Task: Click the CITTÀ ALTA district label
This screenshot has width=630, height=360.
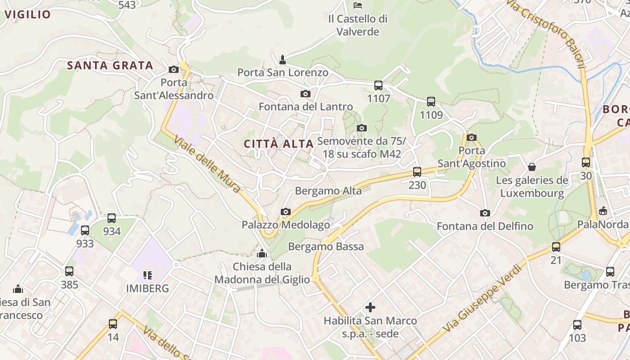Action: [279, 144]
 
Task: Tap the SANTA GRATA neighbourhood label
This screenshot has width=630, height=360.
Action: [110, 66]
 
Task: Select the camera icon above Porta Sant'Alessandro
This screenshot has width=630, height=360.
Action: [174, 69]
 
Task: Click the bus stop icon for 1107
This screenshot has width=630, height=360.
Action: [378, 85]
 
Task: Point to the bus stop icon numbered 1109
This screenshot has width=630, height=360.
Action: [431, 102]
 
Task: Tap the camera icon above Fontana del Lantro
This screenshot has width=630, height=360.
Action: [306, 94]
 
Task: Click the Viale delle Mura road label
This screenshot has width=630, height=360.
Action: [207, 164]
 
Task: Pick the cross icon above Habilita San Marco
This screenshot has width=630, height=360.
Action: [370, 307]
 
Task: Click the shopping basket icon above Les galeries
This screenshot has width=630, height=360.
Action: [532, 167]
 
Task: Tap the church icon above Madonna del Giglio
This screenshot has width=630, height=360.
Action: [261, 253]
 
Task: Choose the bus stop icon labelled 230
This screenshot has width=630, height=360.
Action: [417, 171]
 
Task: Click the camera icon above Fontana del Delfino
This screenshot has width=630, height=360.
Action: [485, 213]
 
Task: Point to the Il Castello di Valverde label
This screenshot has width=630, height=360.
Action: [358, 25]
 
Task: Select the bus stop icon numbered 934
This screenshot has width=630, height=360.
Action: [112, 218]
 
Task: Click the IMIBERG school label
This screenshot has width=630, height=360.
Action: [147, 288]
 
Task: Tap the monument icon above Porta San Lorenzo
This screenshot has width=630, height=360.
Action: [283, 59]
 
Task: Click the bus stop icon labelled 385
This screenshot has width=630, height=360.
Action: [69, 271]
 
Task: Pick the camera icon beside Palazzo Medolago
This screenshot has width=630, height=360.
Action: [285, 211]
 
